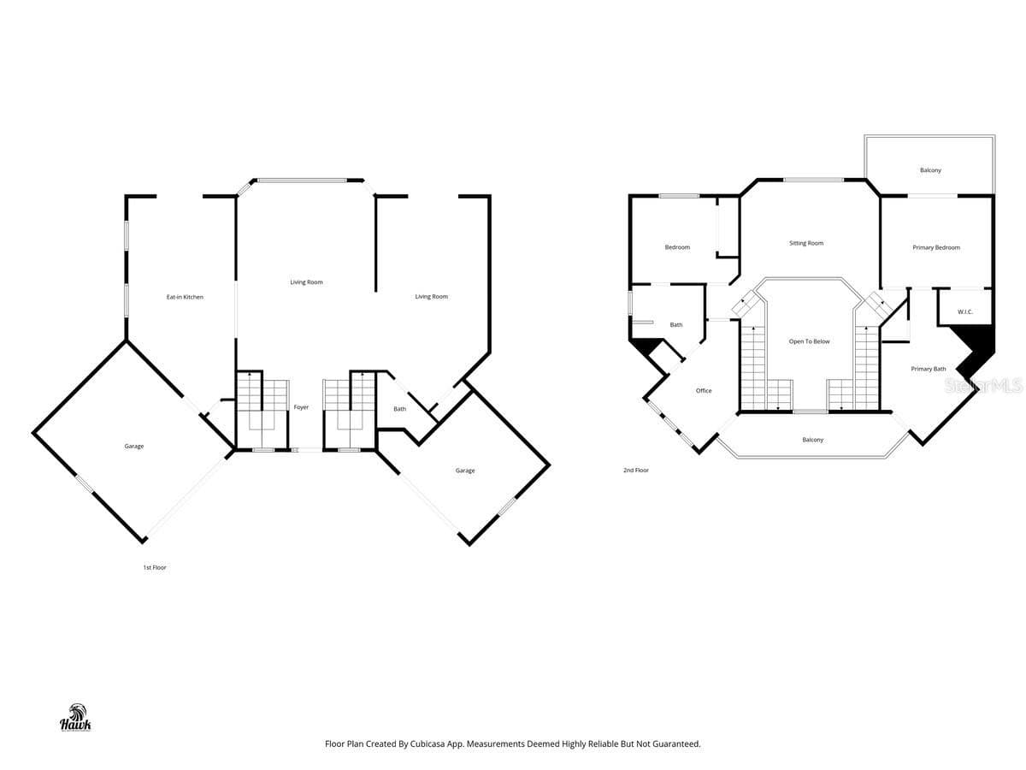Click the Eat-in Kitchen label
coord(185,297)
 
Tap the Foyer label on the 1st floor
coord(301,407)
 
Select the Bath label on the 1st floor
coord(399,409)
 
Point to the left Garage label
coord(134,446)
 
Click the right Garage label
coord(465,471)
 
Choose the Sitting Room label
coord(806,243)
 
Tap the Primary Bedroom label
coord(936,247)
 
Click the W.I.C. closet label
coord(965,311)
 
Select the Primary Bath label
coord(929,369)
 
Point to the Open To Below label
coord(809,341)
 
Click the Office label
coord(704,390)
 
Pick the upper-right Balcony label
coord(930,170)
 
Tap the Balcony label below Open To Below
coord(813,440)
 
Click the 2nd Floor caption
coord(636,470)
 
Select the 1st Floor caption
coord(155,567)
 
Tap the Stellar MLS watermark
coord(983,385)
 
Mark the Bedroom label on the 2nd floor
coord(677,247)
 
